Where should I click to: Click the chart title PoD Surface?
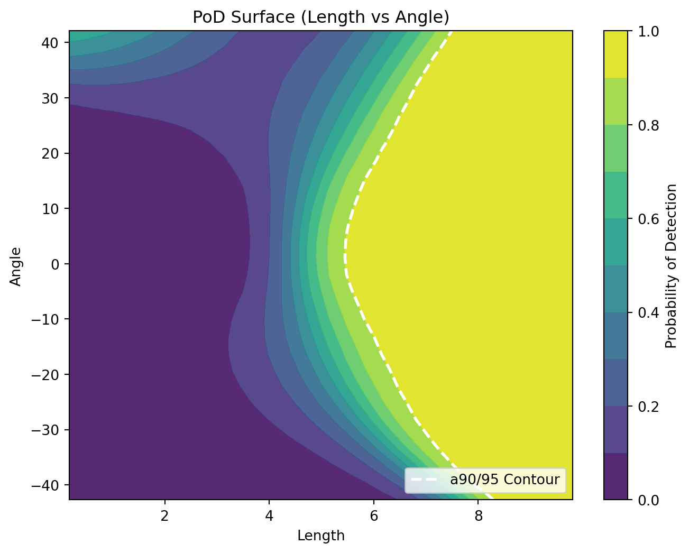point(320,17)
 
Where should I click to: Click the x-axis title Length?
point(320,536)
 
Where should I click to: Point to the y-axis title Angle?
point(16,266)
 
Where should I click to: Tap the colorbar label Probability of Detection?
point(671,266)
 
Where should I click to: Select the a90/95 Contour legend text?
point(504,480)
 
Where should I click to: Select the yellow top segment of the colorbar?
point(615,54)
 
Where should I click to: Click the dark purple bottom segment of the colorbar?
point(615,476)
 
